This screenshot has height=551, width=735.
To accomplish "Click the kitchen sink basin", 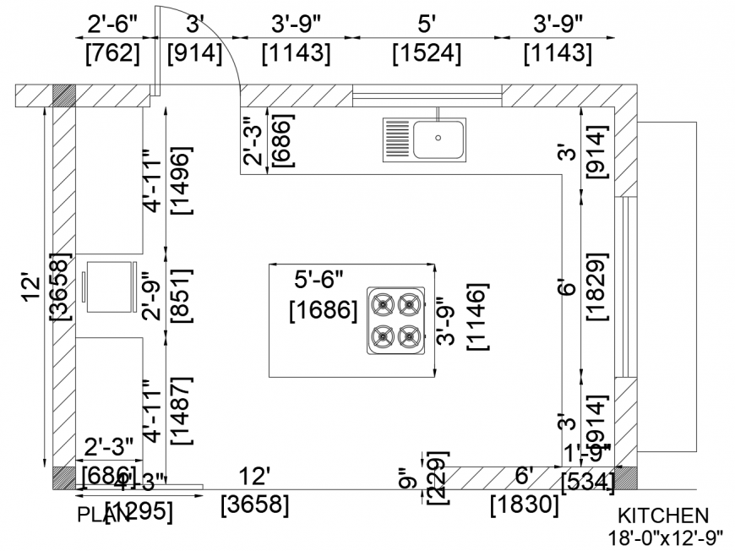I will pyautogui.click(x=438, y=139).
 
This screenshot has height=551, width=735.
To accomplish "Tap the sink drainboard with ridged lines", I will pyautogui.click(x=398, y=139).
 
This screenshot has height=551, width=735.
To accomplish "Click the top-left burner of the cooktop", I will pyautogui.click(x=383, y=303).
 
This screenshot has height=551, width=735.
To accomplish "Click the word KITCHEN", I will pyautogui.click(x=662, y=516).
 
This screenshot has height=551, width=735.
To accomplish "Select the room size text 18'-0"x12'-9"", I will pyautogui.click(x=666, y=536).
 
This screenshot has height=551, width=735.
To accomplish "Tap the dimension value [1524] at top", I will pyautogui.click(x=427, y=54).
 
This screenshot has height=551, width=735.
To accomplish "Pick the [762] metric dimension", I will pyautogui.click(x=113, y=54).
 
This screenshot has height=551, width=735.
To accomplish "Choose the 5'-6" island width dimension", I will pyautogui.click(x=318, y=278).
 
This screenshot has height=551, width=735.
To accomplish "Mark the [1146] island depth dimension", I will pyautogui.click(x=478, y=319).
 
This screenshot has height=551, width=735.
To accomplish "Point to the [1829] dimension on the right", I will pyautogui.click(x=596, y=286).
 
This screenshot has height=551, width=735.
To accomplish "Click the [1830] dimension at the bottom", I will pyautogui.click(x=525, y=505).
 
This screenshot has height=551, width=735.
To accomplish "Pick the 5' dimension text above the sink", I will pyautogui.click(x=427, y=21).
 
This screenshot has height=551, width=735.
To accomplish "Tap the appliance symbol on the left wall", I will pyautogui.click(x=109, y=288).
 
